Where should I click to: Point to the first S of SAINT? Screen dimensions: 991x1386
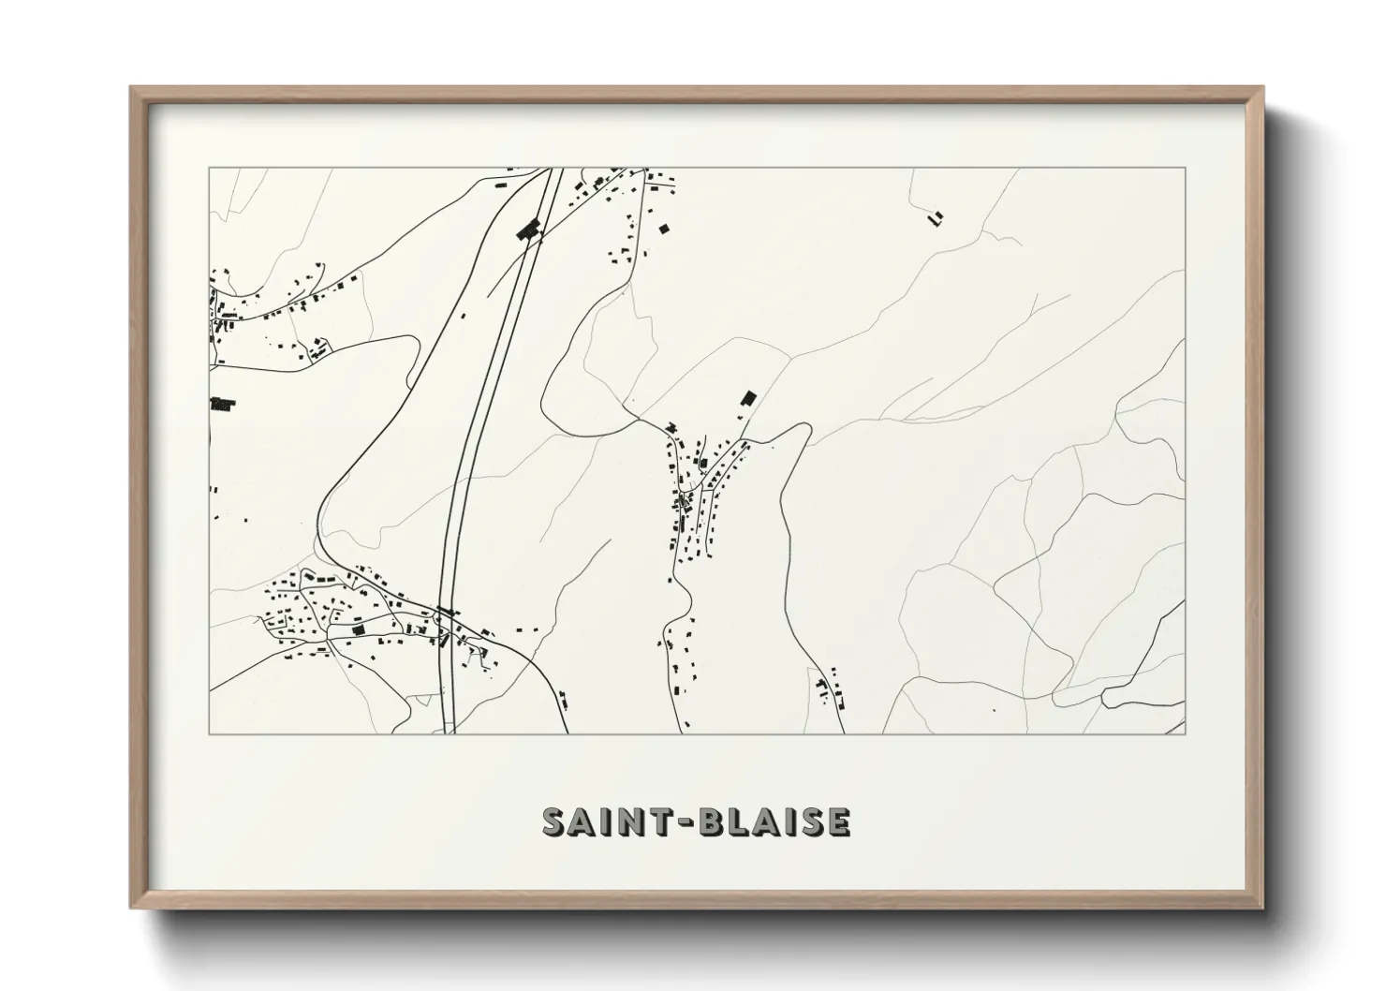554,821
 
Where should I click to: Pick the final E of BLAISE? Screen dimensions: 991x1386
838,821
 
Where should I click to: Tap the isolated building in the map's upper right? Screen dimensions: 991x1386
935,218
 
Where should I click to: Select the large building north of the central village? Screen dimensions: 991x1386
747,398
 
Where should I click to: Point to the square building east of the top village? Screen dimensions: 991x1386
664,228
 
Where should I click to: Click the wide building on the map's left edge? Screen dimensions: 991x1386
222,405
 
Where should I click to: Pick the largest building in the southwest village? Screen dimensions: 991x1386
356,631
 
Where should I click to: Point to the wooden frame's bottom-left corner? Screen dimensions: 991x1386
131,908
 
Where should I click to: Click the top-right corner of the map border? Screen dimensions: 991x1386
1185,168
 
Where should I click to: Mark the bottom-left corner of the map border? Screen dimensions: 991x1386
209,733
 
